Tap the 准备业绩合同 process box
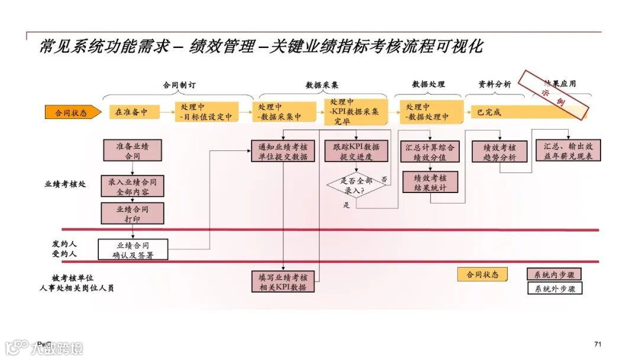point(133,151)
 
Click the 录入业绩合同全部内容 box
point(133,187)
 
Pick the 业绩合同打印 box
point(133,214)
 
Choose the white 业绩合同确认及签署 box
point(133,250)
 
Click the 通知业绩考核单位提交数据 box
point(283,152)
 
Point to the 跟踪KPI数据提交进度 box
point(356,152)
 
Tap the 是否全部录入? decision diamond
point(356,186)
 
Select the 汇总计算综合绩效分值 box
point(430,152)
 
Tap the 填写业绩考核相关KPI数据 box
point(283,282)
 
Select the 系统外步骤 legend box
point(554,289)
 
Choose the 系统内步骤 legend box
point(554,275)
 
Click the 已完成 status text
point(489,112)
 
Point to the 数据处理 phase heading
point(428,85)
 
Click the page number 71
point(598,344)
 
